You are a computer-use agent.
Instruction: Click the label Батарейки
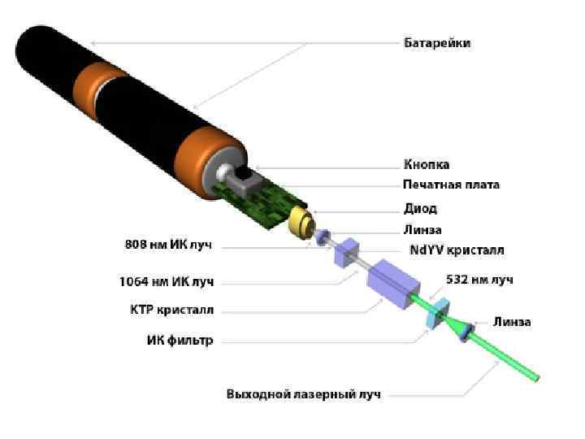(437, 42)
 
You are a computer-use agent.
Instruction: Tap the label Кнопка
(426, 164)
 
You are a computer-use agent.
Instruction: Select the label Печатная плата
(451, 185)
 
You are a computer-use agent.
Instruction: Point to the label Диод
(420, 208)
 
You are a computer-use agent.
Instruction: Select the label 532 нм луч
(479, 280)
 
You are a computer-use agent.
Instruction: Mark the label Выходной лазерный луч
(303, 395)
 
